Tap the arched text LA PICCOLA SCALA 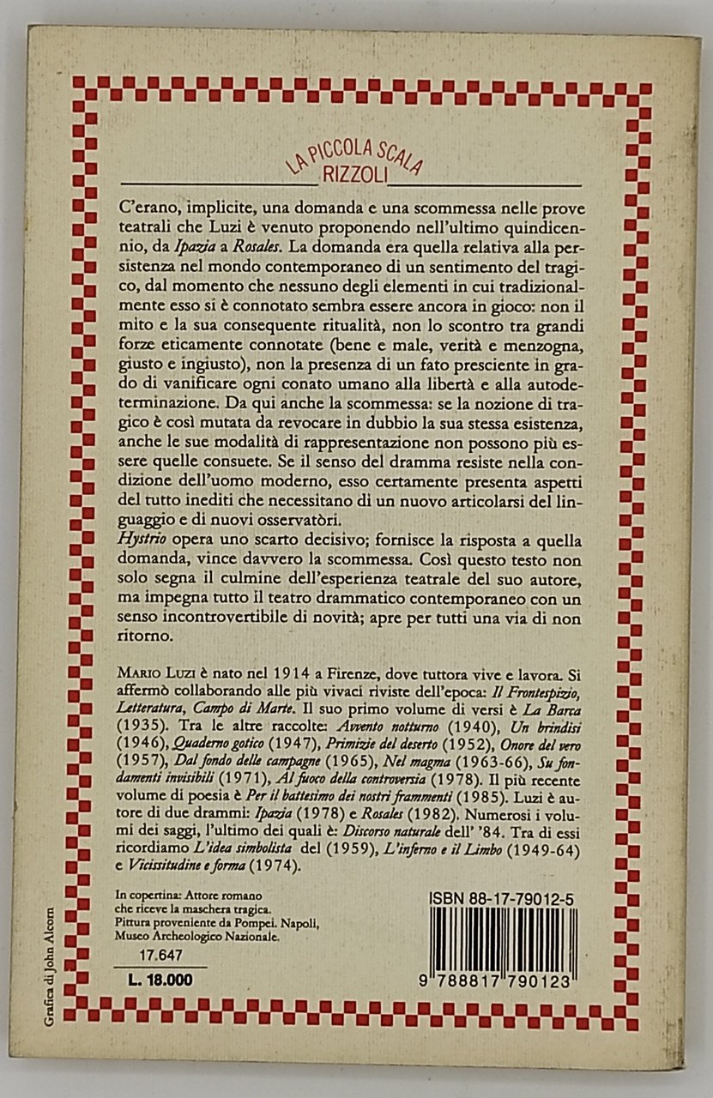pyautogui.click(x=354, y=154)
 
